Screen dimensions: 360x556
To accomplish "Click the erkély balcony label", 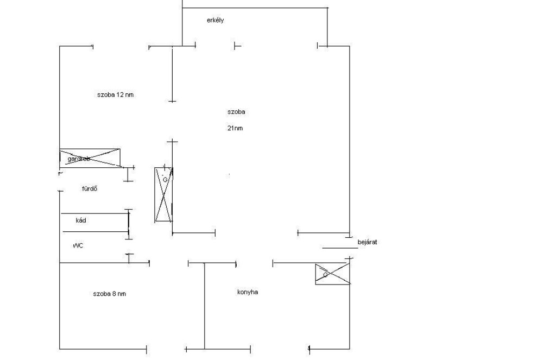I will pyautogui.click(x=215, y=21).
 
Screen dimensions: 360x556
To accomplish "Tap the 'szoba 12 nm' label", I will pyautogui.click(x=115, y=94).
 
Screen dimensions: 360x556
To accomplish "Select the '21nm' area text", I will pyautogui.click(x=235, y=129).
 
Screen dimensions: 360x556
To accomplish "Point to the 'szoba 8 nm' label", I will pyautogui.click(x=109, y=294).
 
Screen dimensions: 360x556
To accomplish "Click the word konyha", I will pyautogui.click(x=248, y=292).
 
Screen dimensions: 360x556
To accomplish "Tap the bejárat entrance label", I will pyautogui.click(x=367, y=242).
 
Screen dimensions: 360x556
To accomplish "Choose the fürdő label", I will pyautogui.click(x=89, y=189).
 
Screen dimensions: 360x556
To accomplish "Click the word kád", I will pyautogui.click(x=81, y=220).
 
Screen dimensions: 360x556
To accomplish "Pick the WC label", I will pyautogui.click(x=78, y=245).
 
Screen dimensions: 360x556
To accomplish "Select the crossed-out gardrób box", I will pyautogui.click(x=90, y=157).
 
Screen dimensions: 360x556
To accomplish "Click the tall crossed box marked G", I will pyautogui.click(x=164, y=194).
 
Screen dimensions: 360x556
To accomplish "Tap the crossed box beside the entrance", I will pyautogui.click(x=332, y=274).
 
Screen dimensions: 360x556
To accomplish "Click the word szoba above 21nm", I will pyautogui.click(x=236, y=112).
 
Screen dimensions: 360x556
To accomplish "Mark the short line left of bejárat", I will pyautogui.click(x=337, y=248).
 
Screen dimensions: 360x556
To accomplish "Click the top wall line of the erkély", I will pyautogui.click(x=255, y=8).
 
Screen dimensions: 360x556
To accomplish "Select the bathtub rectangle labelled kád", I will pyautogui.click(x=95, y=222).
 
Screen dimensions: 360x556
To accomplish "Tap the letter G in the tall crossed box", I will pyautogui.click(x=165, y=179).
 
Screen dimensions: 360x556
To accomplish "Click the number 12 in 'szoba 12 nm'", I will pyautogui.click(x=120, y=94).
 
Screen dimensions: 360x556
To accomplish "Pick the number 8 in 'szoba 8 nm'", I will pyautogui.click(x=115, y=294).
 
